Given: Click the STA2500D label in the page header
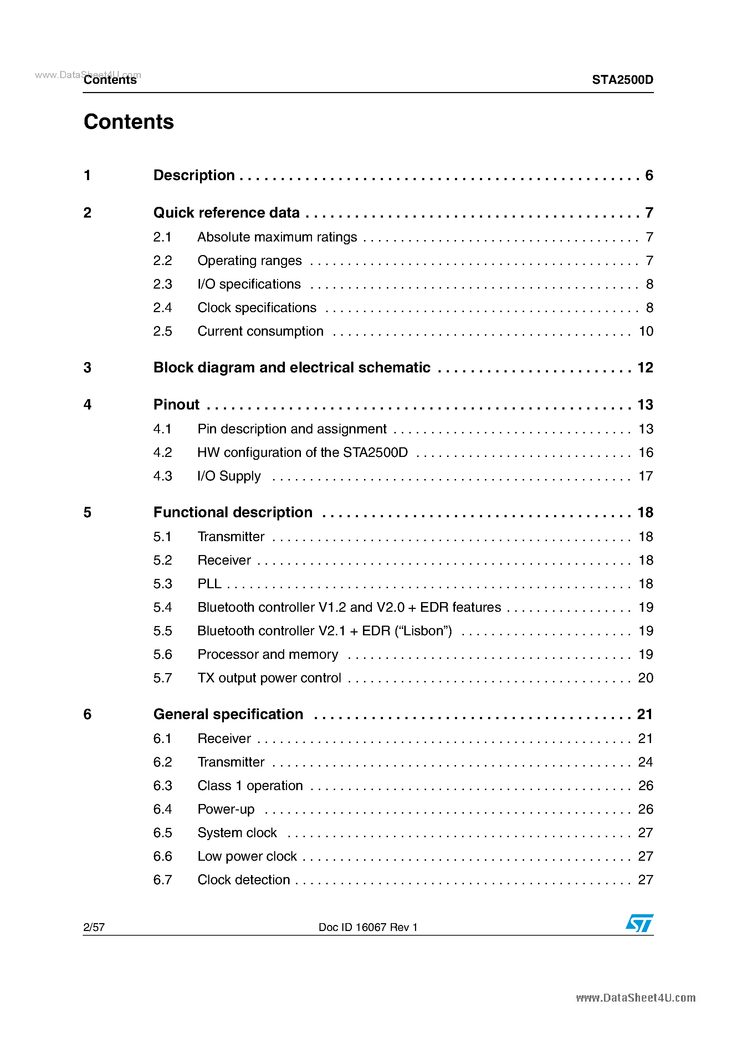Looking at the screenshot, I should click(622, 80).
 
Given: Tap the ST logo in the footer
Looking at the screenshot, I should click(639, 923).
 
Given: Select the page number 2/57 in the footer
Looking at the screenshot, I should click(94, 927).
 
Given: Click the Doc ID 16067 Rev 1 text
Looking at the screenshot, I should click(368, 927).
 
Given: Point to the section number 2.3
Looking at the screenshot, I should click(162, 284).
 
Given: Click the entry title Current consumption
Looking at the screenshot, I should click(260, 331).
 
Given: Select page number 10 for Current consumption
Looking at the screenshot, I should click(646, 331).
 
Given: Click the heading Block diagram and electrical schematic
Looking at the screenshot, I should click(292, 367).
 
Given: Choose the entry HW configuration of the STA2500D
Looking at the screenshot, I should click(302, 452).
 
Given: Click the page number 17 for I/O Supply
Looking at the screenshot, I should click(646, 476).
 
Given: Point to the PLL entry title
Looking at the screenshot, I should click(209, 584).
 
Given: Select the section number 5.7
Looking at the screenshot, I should click(162, 678).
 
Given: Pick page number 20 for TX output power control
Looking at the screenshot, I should click(645, 678).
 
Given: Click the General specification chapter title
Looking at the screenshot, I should click(228, 714).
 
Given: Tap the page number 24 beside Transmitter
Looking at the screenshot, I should click(645, 762).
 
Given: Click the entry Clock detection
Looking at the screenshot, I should click(244, 880).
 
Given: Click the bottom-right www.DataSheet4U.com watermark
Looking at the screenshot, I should click(635, 998).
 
